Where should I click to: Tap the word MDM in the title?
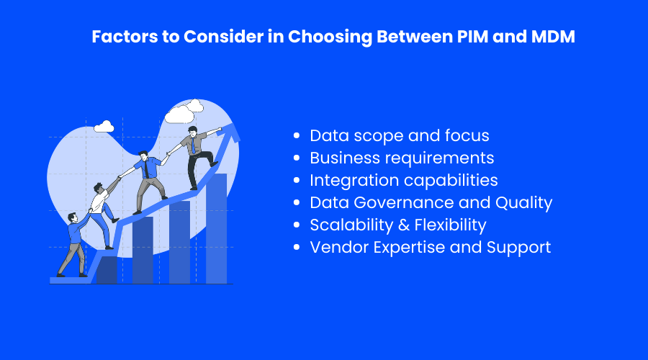553,37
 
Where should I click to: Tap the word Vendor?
339,247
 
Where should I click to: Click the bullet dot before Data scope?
297,135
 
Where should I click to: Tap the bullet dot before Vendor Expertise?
297,247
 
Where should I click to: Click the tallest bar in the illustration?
216,228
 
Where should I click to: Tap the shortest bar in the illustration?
107,270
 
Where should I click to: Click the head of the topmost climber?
192,131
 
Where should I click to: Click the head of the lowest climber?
72,218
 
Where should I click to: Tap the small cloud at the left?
104,127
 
